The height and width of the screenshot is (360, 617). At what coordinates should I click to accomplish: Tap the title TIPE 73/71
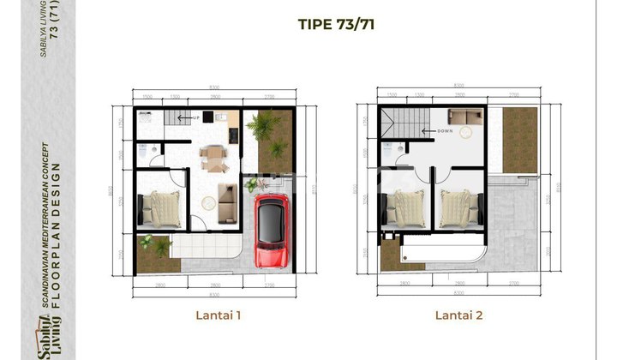click(333, 24)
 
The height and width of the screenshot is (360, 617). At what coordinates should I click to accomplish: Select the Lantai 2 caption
click(459, 315)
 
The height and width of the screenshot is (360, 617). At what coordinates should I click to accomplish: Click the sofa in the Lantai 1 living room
click(228, 201)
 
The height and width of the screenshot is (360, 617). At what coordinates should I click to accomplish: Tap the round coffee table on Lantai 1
click(208, 205)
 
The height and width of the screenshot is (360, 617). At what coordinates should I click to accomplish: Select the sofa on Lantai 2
click(466, 117)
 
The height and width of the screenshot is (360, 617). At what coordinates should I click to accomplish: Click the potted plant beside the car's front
click(252, 184)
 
